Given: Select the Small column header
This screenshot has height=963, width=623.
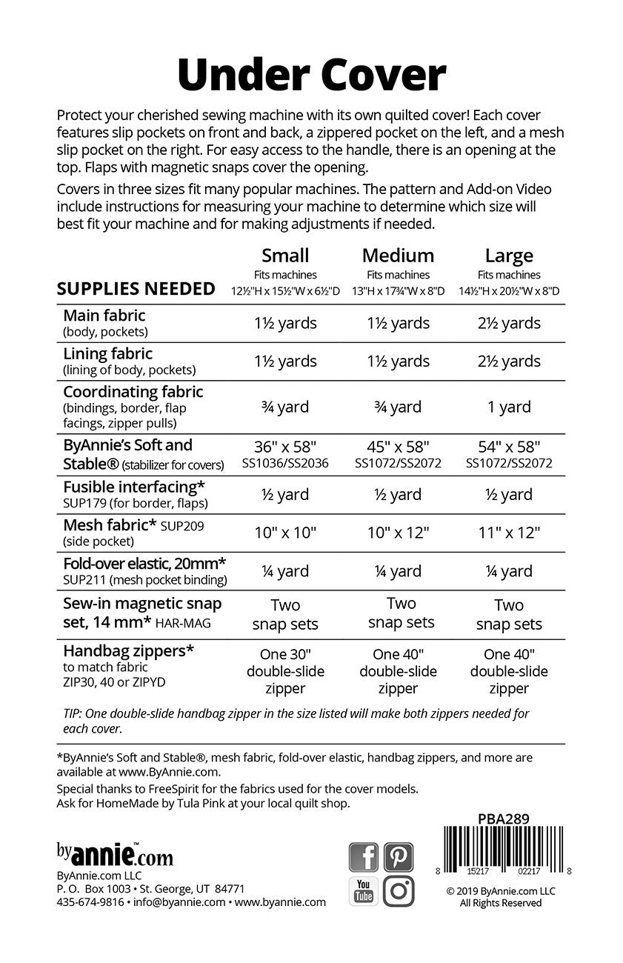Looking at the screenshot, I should [x=285, y=256].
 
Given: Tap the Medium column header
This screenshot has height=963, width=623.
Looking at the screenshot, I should [x=398, y=256].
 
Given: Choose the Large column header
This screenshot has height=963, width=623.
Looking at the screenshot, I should [x=509, y=256].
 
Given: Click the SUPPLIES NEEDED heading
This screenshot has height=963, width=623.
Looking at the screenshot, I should [x=136, y=289].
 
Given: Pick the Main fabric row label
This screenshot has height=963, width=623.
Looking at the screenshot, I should [x=104, y=316].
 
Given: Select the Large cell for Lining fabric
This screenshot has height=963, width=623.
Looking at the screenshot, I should [x=509, y=361].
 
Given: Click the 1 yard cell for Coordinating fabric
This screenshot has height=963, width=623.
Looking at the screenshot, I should [x=509, y=407].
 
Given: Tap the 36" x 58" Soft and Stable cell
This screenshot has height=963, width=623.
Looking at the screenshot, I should [x=285, y=447].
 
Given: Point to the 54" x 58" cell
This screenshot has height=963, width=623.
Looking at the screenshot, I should [x=509, y=447].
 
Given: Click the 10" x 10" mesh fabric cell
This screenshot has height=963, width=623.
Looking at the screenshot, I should [x=285, y=532].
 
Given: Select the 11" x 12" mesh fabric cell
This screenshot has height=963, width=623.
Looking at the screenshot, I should [x=509, y=532].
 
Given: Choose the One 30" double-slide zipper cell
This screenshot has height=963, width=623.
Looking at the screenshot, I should [x=285, y=671].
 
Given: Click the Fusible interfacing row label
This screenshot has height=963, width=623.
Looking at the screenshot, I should [x=134, y=487].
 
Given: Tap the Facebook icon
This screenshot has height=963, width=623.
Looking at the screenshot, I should [x=364, y=857].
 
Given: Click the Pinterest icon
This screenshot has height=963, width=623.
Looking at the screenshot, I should [x=399, y=857].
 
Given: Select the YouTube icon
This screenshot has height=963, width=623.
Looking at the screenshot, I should [x=364, y=891].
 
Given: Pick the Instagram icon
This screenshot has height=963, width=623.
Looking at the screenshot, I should [x=399, y=891].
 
